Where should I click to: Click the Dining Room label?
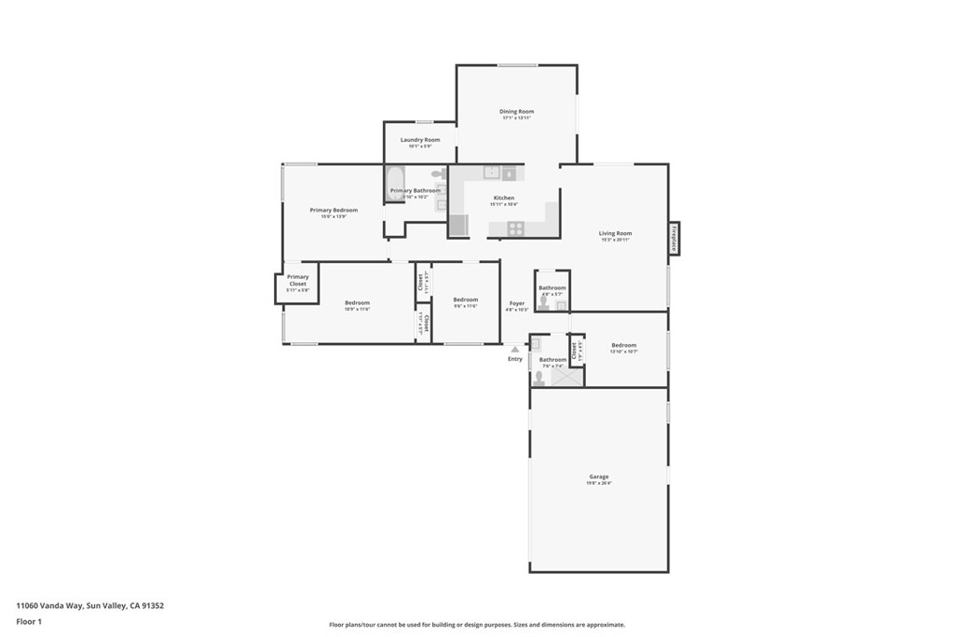click(x=516, y=112)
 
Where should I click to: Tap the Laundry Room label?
click(x=420, y=140)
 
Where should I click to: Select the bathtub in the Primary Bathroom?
click(x=395, y=183)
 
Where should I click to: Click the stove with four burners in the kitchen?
click(x=514, y=228)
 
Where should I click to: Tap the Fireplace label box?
click(x=674, y=239)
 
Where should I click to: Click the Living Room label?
click(x=615, y=233)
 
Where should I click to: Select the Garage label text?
click(x=598, y=477)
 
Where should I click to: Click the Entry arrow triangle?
click(x=514, y=349)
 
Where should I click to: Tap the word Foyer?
click(x=516, y=303)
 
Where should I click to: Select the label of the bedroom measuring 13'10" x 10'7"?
click(x=623, y=345)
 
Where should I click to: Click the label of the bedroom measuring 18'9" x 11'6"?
click(x=357, y=302)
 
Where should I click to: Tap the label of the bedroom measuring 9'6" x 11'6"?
click(x=465, y=299)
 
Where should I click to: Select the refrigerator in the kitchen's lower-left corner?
click(x=458, y=227)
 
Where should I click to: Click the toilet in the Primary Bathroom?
click(x=438, y=174)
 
